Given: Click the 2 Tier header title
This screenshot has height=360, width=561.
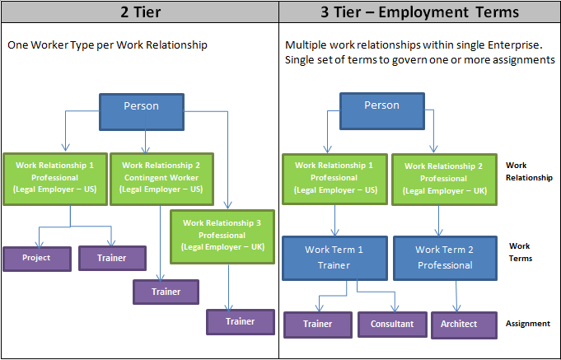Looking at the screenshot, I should tap(139, 12).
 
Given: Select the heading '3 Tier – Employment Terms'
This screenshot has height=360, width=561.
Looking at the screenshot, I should tap(420, 12).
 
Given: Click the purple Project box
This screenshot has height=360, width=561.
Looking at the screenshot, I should tap(36, 258).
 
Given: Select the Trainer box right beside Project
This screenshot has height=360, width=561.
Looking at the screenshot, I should tap(112, 258).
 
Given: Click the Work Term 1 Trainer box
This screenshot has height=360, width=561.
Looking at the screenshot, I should tap(334, 257).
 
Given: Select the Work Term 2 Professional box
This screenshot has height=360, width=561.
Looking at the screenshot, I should tap(445, 257).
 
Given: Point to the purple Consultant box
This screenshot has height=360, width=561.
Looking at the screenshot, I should tap(392, 325).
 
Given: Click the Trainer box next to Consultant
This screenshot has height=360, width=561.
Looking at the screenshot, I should tap(317, 325).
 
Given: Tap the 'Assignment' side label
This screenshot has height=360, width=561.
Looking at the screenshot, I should tap(527, 324).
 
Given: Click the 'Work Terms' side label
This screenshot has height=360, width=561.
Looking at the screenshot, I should tap(520, 252).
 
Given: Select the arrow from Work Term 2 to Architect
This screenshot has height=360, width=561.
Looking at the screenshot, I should tap(456, 295).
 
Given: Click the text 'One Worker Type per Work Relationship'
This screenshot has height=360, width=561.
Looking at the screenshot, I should tap(107, 45).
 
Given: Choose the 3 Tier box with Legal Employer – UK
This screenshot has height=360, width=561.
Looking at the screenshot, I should tap(445, 177).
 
